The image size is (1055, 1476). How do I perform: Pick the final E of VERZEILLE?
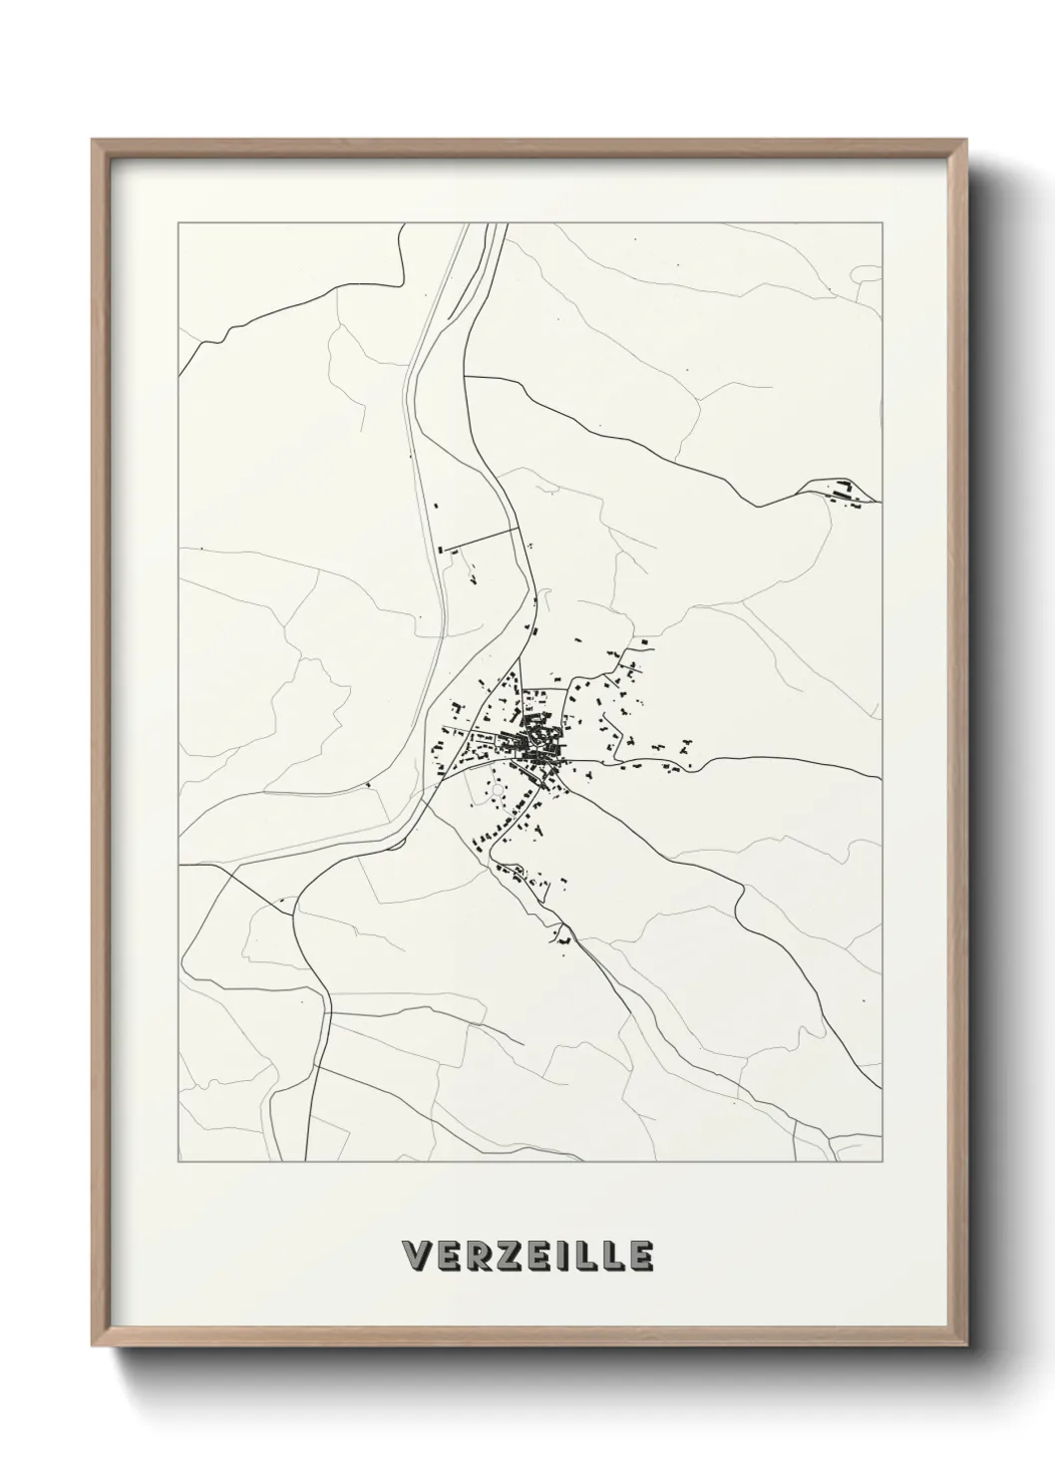tap(640, 1256)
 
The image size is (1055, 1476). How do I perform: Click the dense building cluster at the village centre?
tap(536, 741)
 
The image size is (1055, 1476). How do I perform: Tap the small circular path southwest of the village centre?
tap(498, 791)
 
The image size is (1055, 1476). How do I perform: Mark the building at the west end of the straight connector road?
tap(442, 548)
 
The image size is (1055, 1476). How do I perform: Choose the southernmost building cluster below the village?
tap(563, 938)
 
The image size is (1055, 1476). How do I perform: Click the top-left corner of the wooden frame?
tap(93, 141)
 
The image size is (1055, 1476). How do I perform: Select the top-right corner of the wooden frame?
tap(964, 141)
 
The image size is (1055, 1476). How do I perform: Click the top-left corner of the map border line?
tap(178, 224)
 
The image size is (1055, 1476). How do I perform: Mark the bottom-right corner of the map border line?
tap(882, 1162)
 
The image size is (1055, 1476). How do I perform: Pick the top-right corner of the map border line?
tap(882, 224)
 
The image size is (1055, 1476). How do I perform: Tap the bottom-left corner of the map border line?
tap(178, 1162)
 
